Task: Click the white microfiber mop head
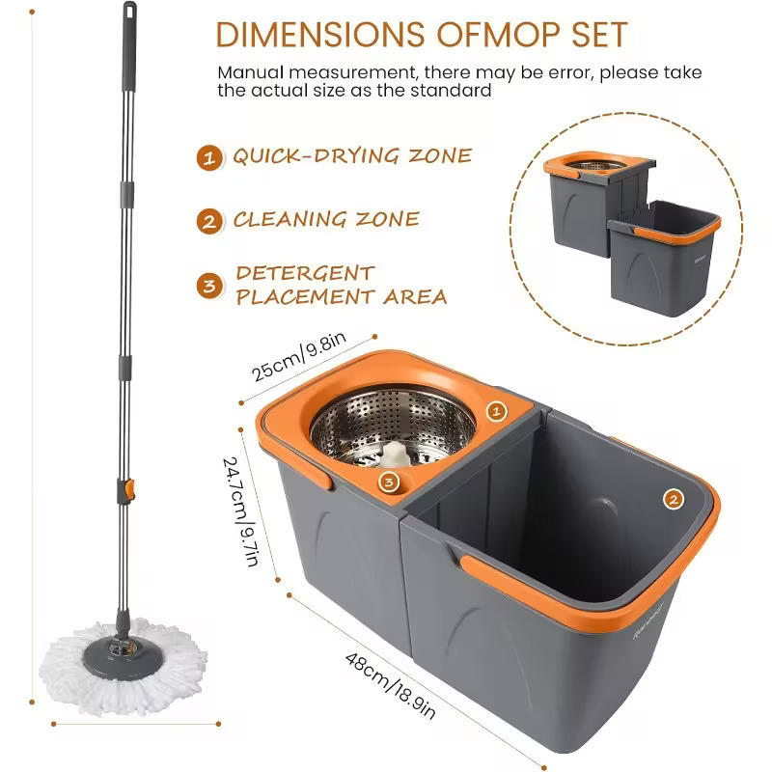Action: point(122,655)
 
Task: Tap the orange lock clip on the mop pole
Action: point(125,489)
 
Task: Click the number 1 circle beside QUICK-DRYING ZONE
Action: point(207,157)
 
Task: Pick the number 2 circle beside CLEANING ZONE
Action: point(207,221)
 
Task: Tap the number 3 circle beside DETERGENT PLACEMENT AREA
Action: point(207,286)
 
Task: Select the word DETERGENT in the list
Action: point(305,274)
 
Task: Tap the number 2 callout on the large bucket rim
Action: point(673,499)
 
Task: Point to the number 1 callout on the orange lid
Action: point(496,412)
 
